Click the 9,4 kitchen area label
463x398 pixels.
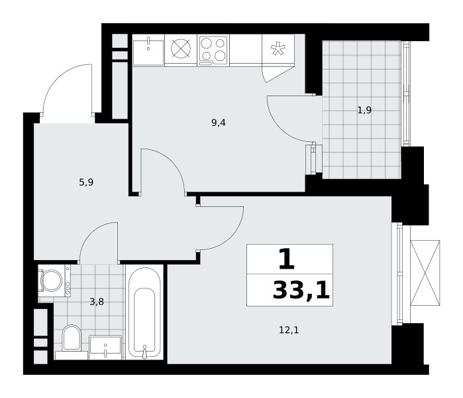[219, 123]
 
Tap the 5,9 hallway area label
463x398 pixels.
[86, 182]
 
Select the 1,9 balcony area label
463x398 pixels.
[364, 110]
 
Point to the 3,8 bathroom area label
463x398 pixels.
[97, 302]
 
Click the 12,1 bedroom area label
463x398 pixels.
[289, 330]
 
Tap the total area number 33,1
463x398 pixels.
[301, 291]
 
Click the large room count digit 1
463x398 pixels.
[287, 259]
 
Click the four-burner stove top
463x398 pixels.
[213, 50]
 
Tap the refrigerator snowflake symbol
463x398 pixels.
[278, 49]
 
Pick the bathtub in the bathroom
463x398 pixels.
[144, 312]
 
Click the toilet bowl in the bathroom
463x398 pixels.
[72, 338]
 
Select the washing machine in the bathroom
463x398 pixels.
[54, 281]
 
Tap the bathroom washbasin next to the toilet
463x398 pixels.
[105, 346]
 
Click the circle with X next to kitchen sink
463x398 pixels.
[181, 49]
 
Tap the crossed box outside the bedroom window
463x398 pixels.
[425, 273]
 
